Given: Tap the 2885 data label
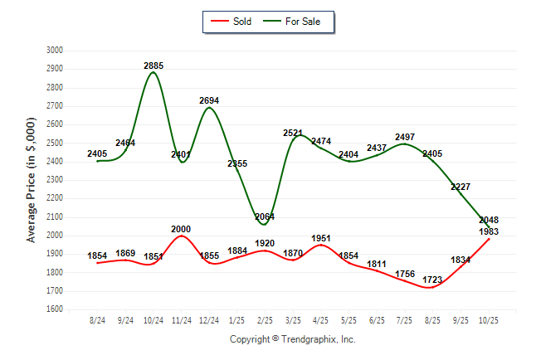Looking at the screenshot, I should [x=153, y=65].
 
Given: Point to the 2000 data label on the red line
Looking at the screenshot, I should [x=182, y=229].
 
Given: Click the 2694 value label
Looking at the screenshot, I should [x=210, y=100].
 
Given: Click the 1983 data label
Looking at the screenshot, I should [x=488, y=231].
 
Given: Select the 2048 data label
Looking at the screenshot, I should [x=488, y=220].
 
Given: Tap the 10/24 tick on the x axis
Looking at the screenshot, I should [x=153, y=319].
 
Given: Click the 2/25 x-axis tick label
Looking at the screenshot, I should [x=266, y=319].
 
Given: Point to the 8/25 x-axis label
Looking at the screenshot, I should [x=432, y=319].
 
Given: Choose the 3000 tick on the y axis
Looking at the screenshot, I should [x=55, y=51].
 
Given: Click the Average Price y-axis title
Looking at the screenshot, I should [x=32, y=180].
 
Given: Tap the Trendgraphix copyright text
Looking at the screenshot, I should [x=292, y=339].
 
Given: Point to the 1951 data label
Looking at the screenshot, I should [x=321, y=238].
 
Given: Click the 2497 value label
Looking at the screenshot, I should [x=404, y=137].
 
